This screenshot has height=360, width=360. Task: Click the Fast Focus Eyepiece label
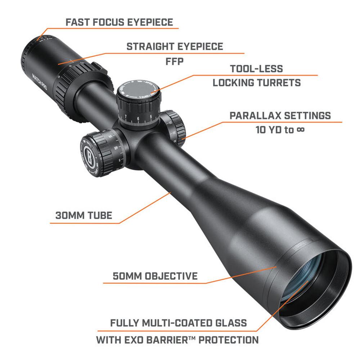point(119,22)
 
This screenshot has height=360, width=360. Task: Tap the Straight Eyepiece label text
point(175,46)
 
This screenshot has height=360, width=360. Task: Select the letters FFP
point(175,62)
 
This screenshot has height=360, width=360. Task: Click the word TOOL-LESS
point(256,69)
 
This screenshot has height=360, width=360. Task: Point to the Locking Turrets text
point(257,83)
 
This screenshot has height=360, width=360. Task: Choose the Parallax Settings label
point(280,116)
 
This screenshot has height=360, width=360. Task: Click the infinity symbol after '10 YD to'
point(300,130)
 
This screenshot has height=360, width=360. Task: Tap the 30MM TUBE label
point(84,216)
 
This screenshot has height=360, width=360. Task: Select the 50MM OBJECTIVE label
point(155,276)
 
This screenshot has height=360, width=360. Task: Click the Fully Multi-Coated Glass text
point(179,323)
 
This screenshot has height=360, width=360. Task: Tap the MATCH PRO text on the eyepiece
point(40,82)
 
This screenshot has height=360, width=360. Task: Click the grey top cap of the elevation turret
point(139,89)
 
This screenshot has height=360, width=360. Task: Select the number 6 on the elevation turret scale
point(138,119)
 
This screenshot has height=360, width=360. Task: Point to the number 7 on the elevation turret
point(126,117)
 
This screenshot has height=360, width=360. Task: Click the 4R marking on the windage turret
point(116,148)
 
